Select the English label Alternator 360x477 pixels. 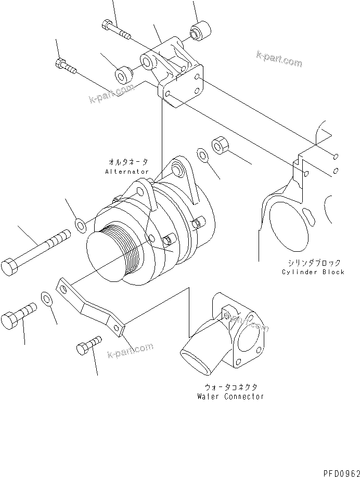click(127, 171)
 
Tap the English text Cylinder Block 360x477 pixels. click(313, 272)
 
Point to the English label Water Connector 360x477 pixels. click(230, 396)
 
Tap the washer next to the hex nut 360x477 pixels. click(202, 154)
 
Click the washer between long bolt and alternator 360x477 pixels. click(81, 225)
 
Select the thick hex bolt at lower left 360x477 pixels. click(19, 314)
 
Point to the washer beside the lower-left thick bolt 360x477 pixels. click(46, 299)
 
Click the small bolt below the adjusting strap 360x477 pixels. click(88, 346)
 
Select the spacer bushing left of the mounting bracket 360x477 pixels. click(123, 74)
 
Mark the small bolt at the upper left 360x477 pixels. click(66, 66)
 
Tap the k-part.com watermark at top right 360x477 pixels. click(279, 59)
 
